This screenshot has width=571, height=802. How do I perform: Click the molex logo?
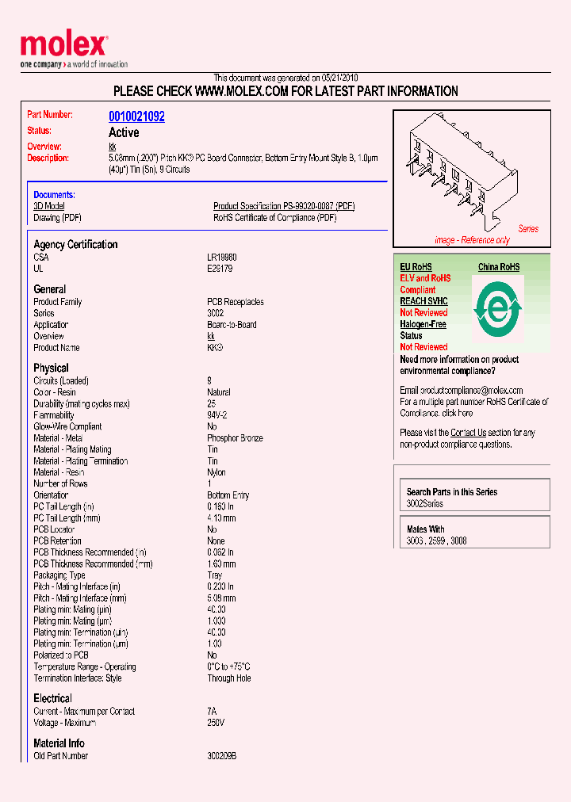(x=63, y=46)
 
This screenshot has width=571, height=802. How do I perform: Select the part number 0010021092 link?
(x=136, y=116)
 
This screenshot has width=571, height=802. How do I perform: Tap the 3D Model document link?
(x=49, y=206)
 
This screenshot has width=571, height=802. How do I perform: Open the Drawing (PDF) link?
(x=57, y=218)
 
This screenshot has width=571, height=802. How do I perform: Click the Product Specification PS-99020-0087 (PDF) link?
(x=284, y=206)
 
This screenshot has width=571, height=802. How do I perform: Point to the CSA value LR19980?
(x=222, y=258)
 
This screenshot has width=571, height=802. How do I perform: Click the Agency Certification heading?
(x=75, y=244)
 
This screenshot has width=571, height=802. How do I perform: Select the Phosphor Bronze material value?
(x=235, y=438)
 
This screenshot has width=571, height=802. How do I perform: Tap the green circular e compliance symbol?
(x=498, y=307)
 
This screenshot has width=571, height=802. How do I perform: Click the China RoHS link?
(x=499, y=267)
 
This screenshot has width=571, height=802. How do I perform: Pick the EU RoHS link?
(x=416, y=267)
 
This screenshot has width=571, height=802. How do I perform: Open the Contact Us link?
(x=468, y=433)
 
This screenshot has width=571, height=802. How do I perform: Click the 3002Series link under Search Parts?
(x=425, y=504)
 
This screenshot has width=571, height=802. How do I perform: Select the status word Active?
(x=124, y=132)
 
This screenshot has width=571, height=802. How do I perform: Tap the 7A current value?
(x=212, y=712)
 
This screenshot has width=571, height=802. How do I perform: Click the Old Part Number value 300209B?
(x=222, y=756)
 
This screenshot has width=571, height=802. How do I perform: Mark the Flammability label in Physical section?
(x=54, y=415)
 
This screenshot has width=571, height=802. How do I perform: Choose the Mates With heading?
(x=426, y=529)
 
